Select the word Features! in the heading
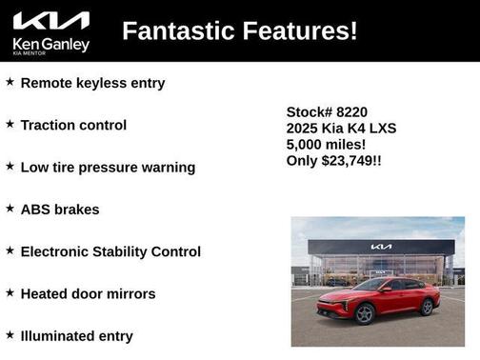pos(301,30)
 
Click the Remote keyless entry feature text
pos(92,83)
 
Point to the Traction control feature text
pos(73,125)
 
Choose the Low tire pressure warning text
pos(108,167)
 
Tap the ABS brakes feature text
pos(59,210)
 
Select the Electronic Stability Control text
pos(110,251)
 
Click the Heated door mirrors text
pos(88,293)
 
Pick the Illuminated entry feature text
pos(76,335)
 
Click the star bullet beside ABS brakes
pos(10,208)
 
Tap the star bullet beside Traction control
pos(10,124)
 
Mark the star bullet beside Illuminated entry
pos(10,334)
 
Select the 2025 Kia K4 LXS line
pos(341,128)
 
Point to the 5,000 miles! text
pos(326,144)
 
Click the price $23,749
pos(347,161)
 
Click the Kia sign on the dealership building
pos(381,247)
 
